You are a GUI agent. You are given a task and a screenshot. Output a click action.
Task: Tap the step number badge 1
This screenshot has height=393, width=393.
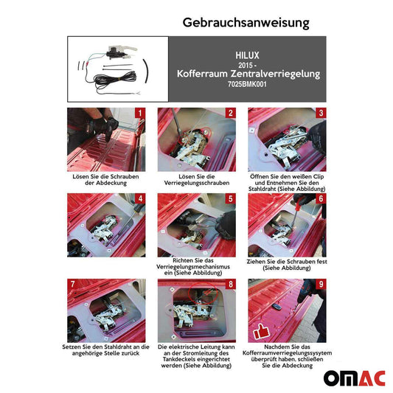(139, 114)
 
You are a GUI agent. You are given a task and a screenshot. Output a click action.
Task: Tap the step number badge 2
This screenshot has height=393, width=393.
(230, 114)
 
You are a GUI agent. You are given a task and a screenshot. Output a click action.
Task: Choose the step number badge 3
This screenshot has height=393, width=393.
(321, 114)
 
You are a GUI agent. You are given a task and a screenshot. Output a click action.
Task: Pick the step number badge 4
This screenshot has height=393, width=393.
(139, 199)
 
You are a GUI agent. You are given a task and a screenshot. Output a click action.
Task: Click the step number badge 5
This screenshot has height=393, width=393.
(230, 199)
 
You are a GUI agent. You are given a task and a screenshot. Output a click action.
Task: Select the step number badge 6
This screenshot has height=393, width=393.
(321, 199)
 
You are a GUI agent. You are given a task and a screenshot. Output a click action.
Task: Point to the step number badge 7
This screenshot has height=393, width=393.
(72, 284)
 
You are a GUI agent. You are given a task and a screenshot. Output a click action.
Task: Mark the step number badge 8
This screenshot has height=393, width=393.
(230, 284)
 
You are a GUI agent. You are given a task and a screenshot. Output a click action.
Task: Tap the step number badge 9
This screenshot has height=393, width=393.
(321, 284)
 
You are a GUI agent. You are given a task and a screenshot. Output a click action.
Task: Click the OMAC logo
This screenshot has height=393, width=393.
(353, 378)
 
